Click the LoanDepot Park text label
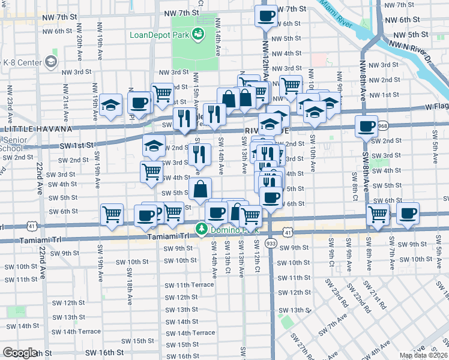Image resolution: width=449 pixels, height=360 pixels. coord(159,34)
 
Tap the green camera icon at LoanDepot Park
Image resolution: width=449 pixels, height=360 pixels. coord(197,34)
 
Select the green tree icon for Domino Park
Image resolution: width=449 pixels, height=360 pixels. coord(202,229)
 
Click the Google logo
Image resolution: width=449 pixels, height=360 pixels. coord(20,353)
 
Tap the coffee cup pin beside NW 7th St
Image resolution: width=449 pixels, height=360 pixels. coord(266,16)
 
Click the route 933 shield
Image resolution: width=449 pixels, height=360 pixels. coord(270,244)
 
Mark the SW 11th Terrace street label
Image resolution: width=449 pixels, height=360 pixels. coord(189,284)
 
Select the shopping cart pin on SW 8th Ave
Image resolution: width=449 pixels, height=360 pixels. coord(378,214)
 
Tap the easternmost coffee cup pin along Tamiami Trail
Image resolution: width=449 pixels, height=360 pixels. coord(408,214)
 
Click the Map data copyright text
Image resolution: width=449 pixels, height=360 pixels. coord(424,355)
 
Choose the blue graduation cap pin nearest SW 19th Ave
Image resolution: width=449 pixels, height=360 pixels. coord(111,106)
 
